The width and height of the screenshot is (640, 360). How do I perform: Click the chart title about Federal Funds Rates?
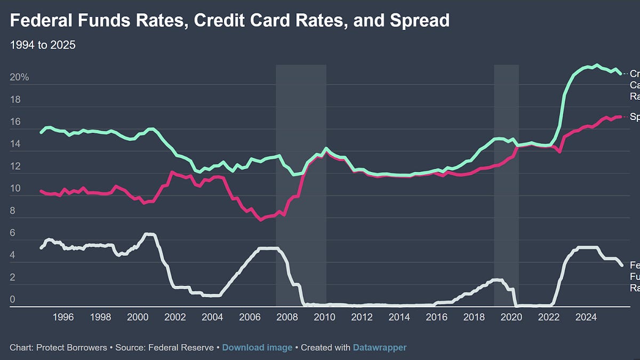pyautogui.click(x=229, y=21)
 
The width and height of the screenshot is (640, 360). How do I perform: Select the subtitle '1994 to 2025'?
pyautogui.click(x=43, y=45)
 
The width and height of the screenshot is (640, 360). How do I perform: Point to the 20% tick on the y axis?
pyautogui.click(x=19, y=77)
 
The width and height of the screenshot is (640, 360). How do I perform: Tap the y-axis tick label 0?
pyautogui.click(x=12, y=300)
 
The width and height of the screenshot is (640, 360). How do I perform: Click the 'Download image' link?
pyautogui.click(x=257, y=348)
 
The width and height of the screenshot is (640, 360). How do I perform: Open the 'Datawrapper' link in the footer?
pyautogui.click(x=379, y=348)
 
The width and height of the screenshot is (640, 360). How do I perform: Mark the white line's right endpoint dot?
pyautogui.click(x=621, y=265)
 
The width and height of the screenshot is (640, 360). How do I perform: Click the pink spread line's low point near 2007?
pyautogui.click(x=261, y=219)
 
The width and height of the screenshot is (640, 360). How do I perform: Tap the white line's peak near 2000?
pyautogui.click(x=149, y=234)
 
